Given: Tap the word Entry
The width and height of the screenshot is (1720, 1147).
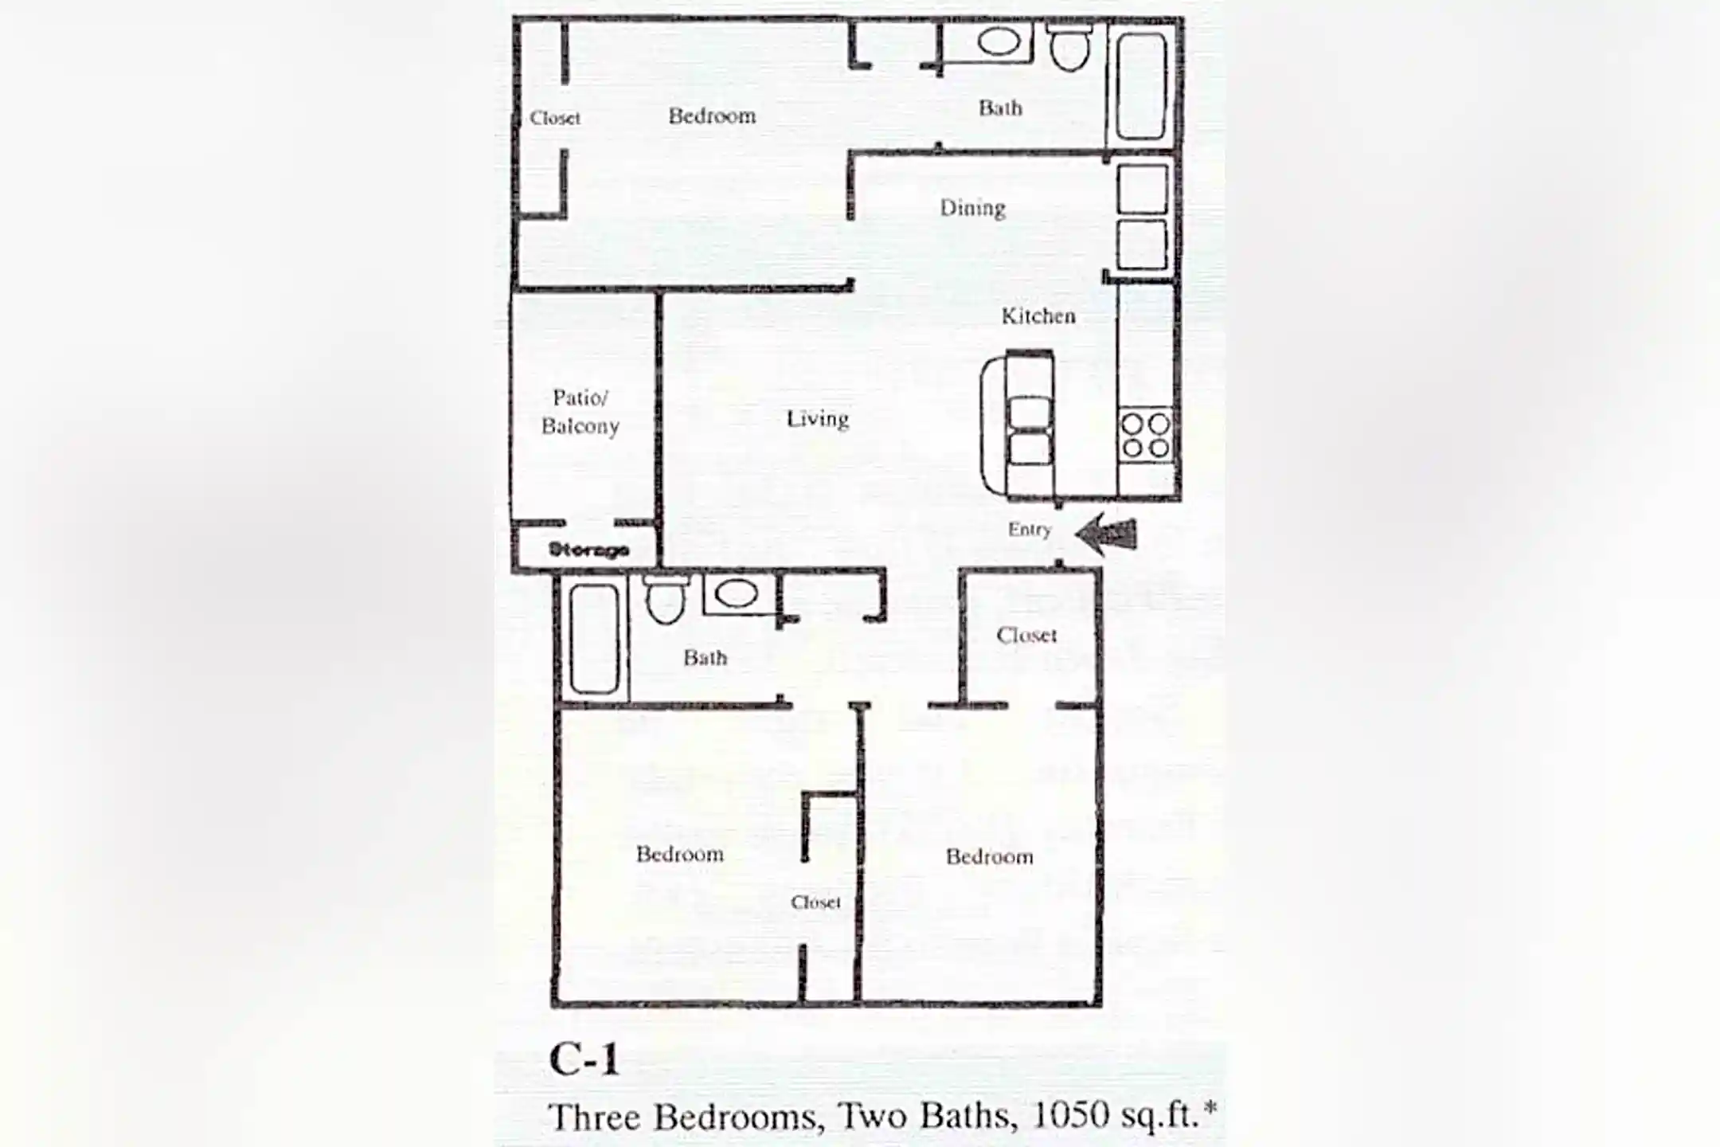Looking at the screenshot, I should point(1029,530).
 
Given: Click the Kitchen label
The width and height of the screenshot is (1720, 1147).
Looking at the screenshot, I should point(1038,316).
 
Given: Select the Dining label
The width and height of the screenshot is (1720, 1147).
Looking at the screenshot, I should point(972,208).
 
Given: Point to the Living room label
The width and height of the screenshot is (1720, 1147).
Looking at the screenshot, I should point(817,419).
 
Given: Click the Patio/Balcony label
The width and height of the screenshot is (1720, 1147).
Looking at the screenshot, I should point(580,412).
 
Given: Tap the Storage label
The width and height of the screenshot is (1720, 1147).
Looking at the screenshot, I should point(588,550).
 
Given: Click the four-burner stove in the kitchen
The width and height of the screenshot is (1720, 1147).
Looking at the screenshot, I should point(1146,436).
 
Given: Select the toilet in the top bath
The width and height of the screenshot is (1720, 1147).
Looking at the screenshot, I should point(1069,46).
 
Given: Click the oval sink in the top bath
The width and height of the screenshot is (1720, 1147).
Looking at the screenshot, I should point(999,41).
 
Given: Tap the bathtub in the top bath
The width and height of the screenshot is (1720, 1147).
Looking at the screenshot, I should point(1141,85).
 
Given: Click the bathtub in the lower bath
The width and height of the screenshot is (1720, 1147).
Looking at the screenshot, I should point(594,639).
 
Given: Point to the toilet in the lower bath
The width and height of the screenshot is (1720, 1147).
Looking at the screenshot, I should point(665,601).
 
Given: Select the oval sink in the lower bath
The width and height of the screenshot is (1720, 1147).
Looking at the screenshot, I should point(736,593).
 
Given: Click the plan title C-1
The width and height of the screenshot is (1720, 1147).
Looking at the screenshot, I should point(584,1060).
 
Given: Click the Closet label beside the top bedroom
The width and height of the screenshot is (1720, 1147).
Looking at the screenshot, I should point(555,119).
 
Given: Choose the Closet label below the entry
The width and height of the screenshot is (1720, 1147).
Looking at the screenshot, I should point(1026,636).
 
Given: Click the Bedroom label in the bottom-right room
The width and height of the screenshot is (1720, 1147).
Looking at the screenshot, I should point(989,857).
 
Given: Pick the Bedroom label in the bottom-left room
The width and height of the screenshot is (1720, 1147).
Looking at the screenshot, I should point(679,855).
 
